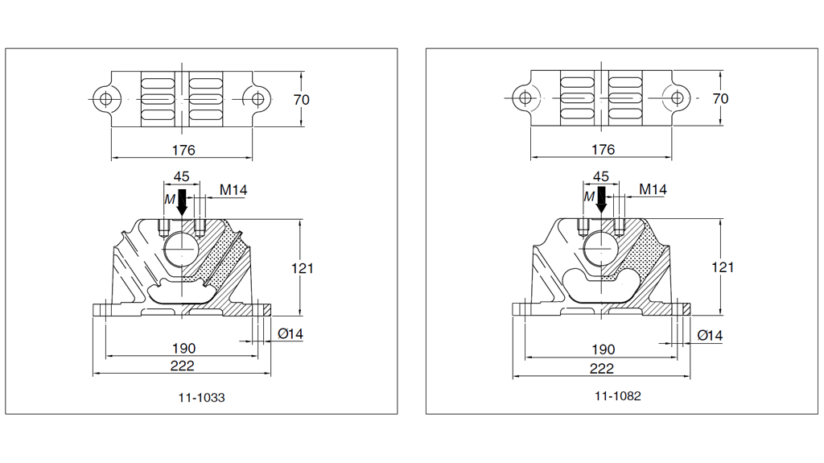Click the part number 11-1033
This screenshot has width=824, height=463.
click(201, 397)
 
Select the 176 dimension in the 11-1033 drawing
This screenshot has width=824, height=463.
click(183, 150)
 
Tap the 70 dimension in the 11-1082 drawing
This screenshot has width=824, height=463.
click(720, 98)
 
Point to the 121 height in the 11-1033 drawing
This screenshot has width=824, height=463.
click(302, 267)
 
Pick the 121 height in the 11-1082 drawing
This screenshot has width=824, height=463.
click(722, 267)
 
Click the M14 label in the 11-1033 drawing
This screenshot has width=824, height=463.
click(233, 190)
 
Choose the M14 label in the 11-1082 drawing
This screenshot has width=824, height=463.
click(653, 189)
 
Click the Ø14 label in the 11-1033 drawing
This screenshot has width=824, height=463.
click(290, 334)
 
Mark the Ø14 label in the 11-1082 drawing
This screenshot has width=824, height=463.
click(710, 334)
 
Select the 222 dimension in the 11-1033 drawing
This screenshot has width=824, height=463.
click(183, 366)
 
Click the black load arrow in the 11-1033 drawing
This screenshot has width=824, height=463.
click(182, 201)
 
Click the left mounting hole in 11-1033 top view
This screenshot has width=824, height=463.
click(103, 99)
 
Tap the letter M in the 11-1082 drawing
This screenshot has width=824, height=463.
click(588, 196)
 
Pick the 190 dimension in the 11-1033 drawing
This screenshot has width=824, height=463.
click(183, 349)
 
